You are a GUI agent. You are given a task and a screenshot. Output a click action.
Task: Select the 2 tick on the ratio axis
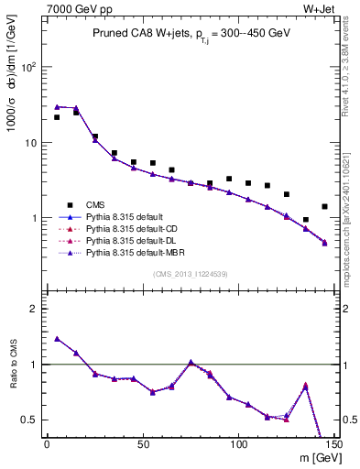[x=35, y=309]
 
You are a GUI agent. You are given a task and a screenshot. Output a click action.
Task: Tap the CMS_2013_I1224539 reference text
[x=191, y=274]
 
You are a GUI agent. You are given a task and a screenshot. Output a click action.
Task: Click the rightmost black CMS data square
[x=324, y=207]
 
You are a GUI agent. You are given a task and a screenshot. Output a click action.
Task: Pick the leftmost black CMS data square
[x=57, y=117]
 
